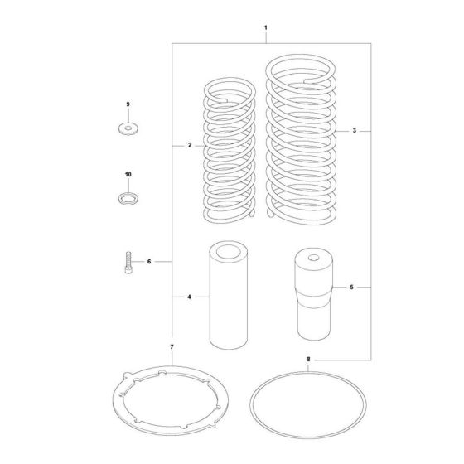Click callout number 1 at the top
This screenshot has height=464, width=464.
tap(264, 29)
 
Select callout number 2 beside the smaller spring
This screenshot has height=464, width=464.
tap(189, 145)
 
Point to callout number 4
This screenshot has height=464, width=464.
tap(189, 296)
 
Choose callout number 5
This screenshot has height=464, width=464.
tap(352, 288)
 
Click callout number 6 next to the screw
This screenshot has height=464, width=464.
tap(148, 262)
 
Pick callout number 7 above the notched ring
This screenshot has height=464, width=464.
tap(172, 345)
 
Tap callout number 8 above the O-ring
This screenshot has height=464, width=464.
tap(307, 360)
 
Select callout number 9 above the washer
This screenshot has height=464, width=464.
tap(128, 104)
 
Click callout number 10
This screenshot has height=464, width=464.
tap(128, 175)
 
